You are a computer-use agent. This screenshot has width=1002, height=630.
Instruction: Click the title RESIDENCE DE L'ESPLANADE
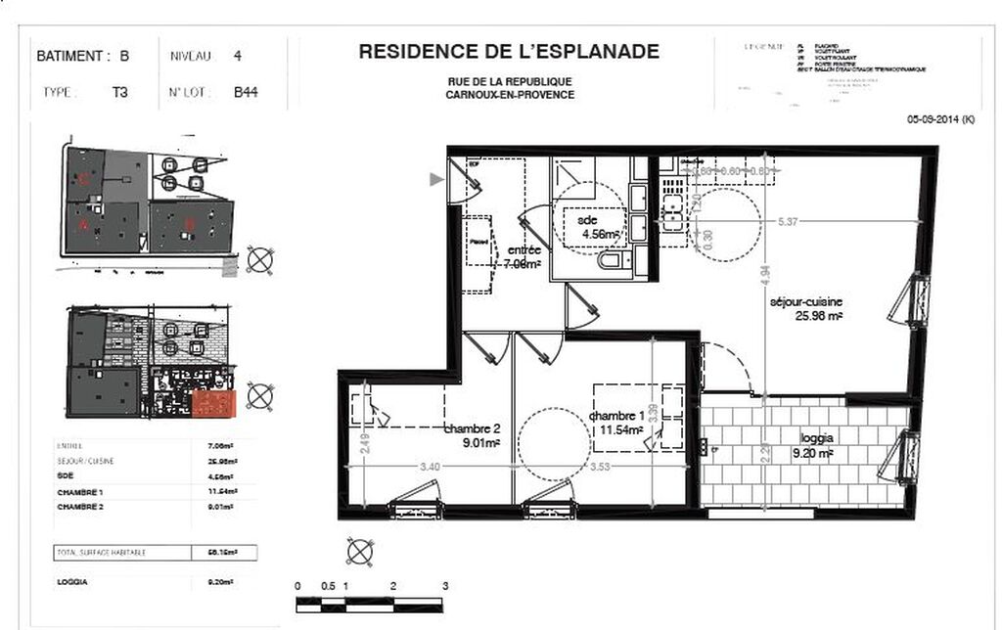click(x=509, y=52)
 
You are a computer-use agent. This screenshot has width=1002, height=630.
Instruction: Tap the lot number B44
click(x=246, y=94)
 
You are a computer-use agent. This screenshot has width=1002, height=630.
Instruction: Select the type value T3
click(x=121, y=94)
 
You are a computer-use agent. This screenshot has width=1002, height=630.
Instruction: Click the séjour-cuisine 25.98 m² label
click(x=805, y=309)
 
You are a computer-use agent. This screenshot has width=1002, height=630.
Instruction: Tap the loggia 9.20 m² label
click(x=813, y=446)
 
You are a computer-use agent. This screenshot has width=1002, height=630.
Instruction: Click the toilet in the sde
click(x=608, y=264)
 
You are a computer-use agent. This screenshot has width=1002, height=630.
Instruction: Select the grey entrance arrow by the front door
click(x=436, y=178)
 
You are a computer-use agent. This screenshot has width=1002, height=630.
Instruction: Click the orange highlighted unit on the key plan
click(x=214, y=403)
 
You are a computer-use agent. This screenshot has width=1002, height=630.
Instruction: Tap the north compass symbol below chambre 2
click(x=359, y=552)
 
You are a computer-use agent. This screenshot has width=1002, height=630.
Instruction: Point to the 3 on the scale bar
click(x=445, y=586)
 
